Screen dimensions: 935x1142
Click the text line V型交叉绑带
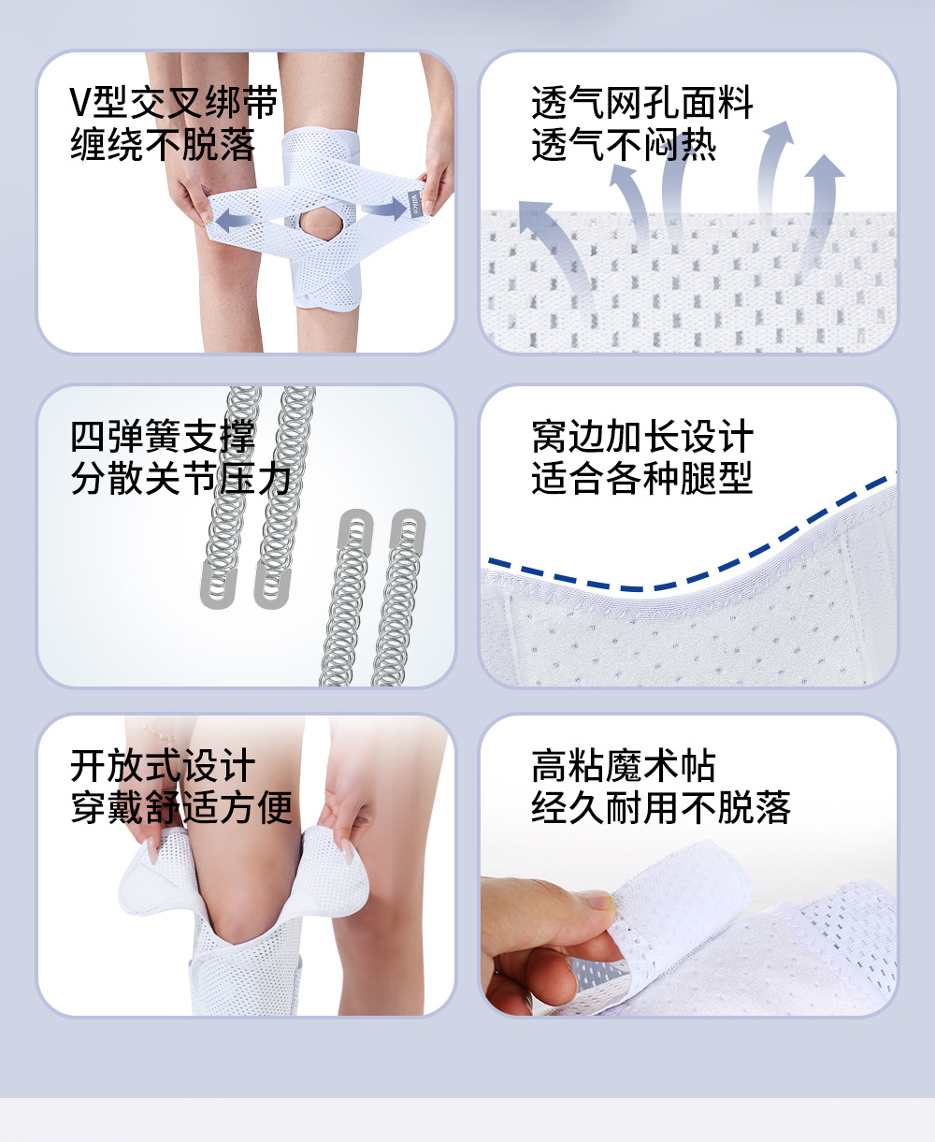coord(174,102)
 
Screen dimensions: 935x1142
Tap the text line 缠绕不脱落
coord(163,144)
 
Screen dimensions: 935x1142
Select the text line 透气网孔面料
coord(642,102)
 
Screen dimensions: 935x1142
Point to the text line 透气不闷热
coord(624,144)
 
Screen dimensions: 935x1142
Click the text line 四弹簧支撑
coord(163,436)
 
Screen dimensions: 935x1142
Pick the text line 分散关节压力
coord(181,478)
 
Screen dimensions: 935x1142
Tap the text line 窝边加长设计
coord(642,436)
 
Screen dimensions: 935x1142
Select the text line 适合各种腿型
coord(642,478)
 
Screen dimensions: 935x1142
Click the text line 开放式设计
coord(163,766)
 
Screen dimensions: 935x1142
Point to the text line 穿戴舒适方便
coord(181,808)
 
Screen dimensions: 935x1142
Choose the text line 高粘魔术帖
coord(624,766)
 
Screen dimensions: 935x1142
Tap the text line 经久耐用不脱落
coord(660,808)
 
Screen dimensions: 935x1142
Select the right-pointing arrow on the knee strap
coord(384,209)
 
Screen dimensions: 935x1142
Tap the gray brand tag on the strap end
coord(415,204)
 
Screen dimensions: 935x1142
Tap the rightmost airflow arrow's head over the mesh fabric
coord(824,166)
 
